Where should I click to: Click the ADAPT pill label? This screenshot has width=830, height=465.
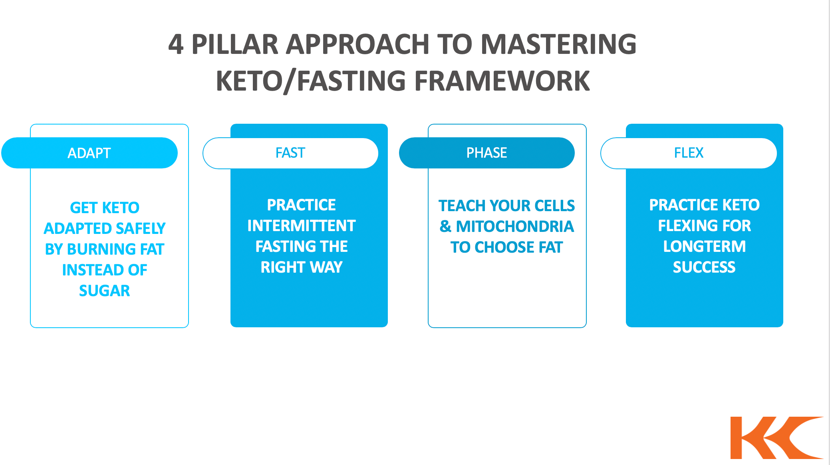(89, 153)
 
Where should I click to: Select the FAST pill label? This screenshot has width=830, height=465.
(290, 153)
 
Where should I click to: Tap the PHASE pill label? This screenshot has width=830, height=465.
(486, 153)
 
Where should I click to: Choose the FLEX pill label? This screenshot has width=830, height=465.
(689, 153)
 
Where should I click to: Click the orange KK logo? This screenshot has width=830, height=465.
(776, 438)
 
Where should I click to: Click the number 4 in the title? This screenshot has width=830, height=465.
(176, 44)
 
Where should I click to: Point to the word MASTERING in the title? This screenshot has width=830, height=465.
(558, 44)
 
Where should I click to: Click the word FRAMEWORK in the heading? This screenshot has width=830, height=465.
(502, 81)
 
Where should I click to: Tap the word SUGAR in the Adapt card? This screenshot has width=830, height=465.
(104, 291)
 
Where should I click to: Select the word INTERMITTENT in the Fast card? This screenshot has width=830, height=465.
(301, 226)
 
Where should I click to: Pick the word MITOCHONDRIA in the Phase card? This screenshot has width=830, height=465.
(514, 227)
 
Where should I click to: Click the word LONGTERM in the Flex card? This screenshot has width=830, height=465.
(704, 247)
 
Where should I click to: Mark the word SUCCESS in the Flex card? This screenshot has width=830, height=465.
(704, 267)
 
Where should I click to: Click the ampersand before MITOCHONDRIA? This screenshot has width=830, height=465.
(445, 227)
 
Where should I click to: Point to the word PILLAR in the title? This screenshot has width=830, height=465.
(235, 44)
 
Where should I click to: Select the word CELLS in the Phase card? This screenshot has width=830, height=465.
(554, 206)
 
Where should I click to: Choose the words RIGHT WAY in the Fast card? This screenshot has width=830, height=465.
(301, 267)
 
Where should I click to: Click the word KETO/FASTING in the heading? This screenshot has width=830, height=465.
(311, 81)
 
